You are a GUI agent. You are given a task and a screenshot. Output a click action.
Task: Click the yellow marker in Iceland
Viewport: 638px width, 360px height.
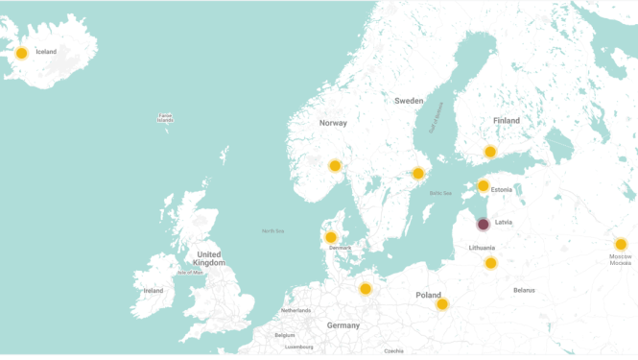pos(21,53)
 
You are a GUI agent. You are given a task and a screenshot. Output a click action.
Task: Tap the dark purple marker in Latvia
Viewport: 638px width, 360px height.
pos(484,224)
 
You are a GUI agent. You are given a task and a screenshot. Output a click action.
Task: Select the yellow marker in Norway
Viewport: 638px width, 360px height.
pos(335,166)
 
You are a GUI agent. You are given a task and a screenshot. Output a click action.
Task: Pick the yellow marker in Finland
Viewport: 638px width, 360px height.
pos(490,152)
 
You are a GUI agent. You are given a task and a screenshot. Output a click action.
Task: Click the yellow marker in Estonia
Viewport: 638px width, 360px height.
pos(484,186)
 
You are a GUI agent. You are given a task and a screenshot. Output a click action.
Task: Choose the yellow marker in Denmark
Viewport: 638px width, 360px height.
pos(331,237)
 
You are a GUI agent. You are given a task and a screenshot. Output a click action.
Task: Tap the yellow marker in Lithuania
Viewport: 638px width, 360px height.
pos(491,263)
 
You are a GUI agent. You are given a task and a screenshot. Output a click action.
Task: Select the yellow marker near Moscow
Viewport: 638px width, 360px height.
pos(621,244)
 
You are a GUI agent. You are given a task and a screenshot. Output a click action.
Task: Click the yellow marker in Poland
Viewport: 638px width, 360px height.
pos(442,304)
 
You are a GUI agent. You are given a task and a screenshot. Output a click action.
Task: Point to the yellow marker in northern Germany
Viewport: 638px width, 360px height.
pos(366,289)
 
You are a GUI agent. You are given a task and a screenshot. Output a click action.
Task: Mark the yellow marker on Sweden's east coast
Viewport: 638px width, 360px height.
pos(418,174)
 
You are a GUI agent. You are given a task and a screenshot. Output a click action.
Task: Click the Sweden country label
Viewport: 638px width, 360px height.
pos(409,100)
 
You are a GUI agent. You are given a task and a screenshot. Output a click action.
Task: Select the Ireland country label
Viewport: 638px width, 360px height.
pos(153,290)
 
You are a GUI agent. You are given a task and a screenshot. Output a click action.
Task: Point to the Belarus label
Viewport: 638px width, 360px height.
pos(524,289)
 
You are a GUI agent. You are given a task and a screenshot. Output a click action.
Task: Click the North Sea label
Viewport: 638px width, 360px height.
pos(272,230)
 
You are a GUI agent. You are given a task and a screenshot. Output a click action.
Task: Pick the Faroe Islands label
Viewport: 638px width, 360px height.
pos(165,118)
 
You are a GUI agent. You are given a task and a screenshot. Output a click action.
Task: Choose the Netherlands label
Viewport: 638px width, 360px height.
pos(295,310)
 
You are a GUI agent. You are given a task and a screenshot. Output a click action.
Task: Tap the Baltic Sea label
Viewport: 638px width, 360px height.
pos(440,193)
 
